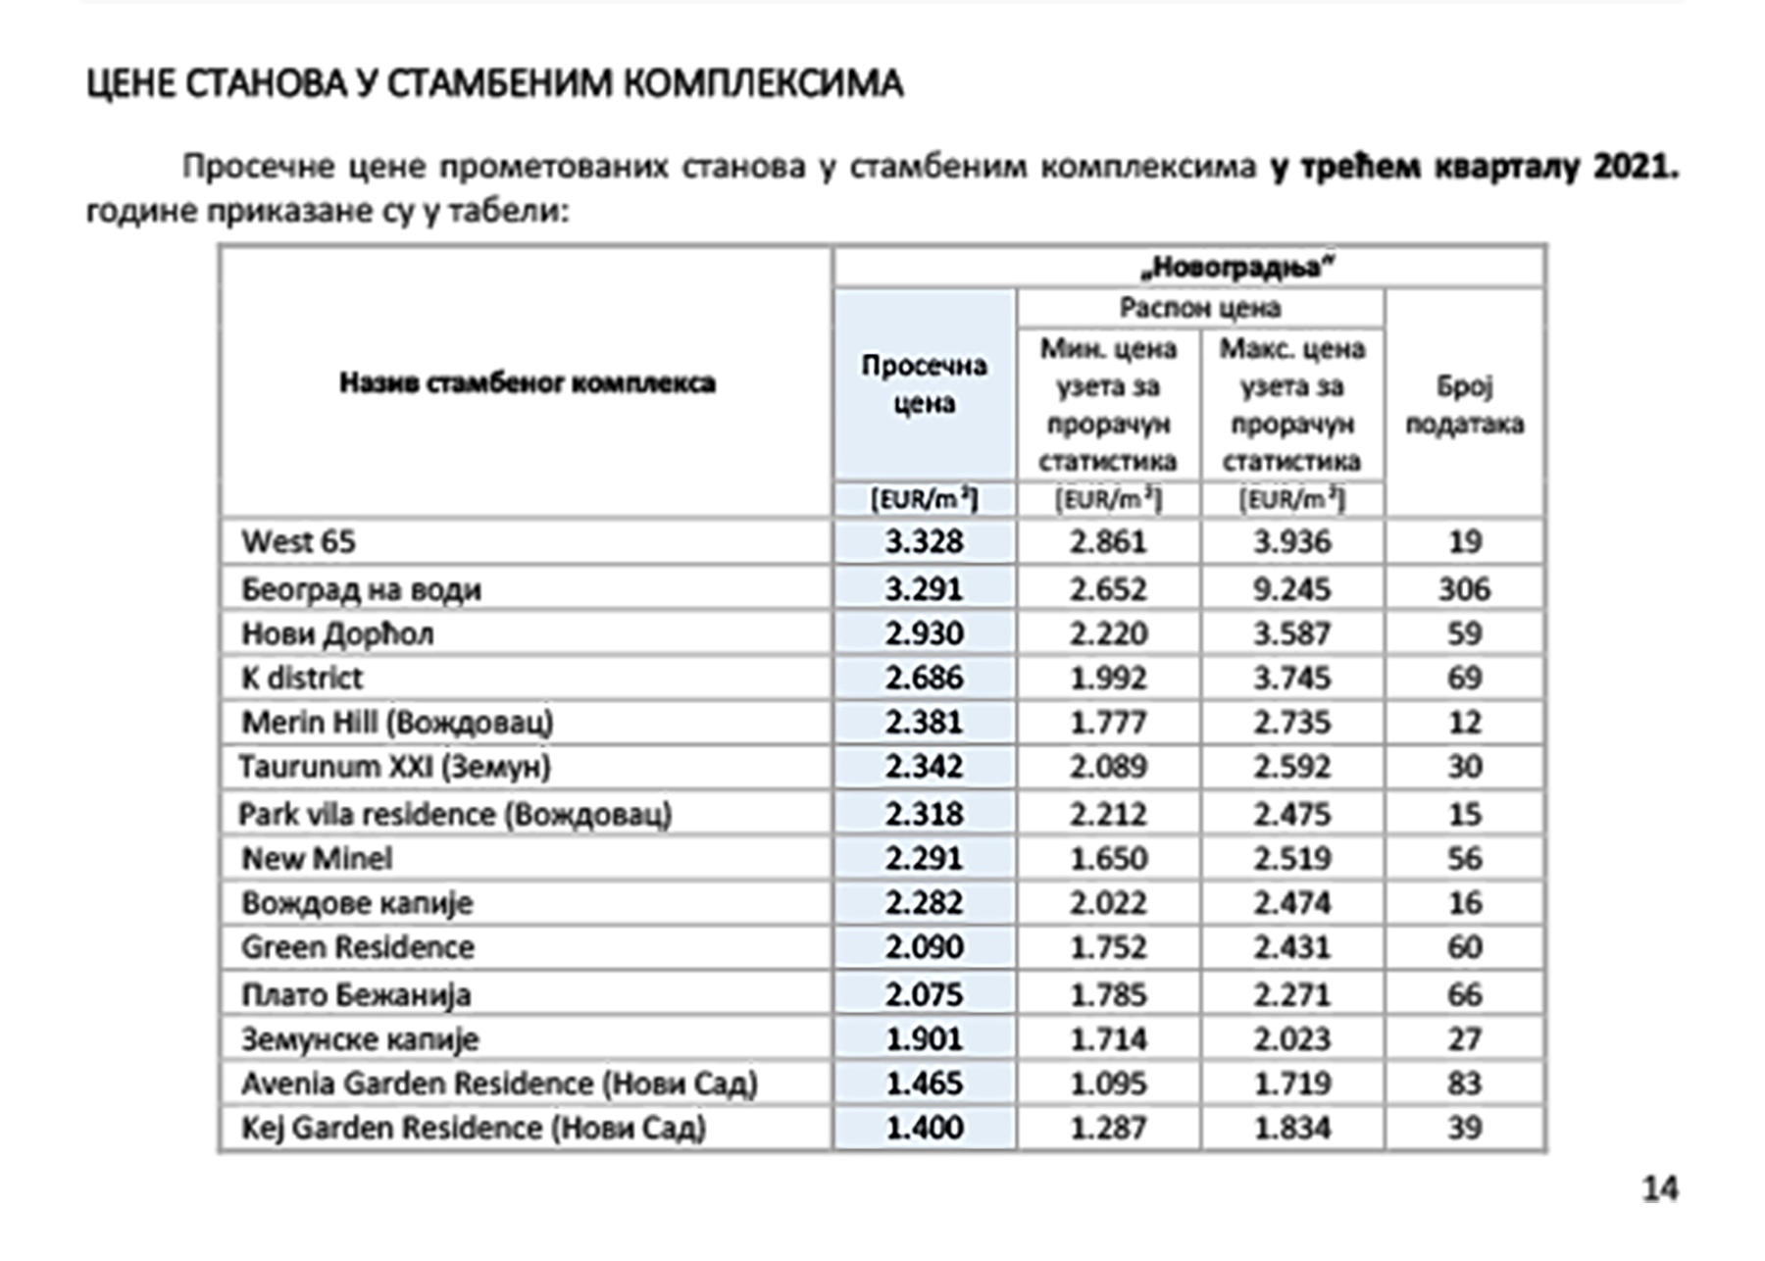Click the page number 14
click(1659, 1188)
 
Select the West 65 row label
click(299, 541)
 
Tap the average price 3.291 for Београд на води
click(924, 589)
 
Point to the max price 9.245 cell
click(1291, 589)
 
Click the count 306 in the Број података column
click(1464, 589)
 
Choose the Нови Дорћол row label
click(337, 634)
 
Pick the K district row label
click(302, 679)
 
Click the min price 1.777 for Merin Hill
click(1108, 723)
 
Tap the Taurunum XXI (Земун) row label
click(395, 767)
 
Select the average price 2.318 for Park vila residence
click(924, 814)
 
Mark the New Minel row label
click(317, 859)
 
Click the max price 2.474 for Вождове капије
click(1291, 903)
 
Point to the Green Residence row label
click(358, 947)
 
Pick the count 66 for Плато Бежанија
click(1464, 994)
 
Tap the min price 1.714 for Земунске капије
click(1108, 1038)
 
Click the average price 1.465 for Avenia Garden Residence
click(924, 1084)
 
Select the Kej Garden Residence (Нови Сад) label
click(474, 1128)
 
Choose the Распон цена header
click(1200, 308)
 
